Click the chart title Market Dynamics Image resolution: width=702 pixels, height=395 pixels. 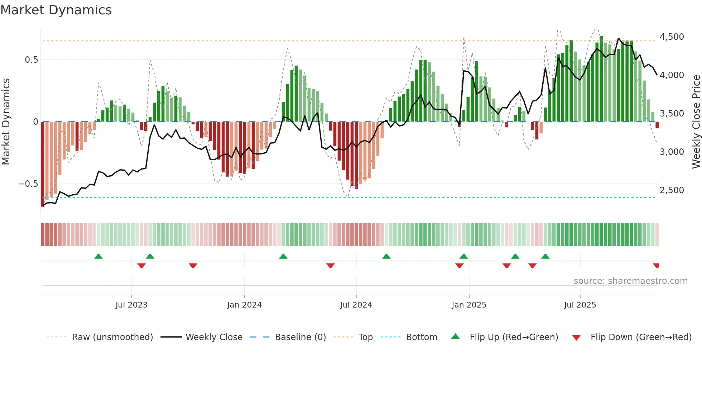point(56,10)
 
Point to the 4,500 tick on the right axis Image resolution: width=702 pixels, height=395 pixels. point(672,37)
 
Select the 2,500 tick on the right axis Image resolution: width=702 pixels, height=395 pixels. point(672,190)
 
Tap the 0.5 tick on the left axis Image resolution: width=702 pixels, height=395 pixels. point(31,60)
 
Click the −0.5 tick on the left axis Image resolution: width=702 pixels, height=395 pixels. point(28,184)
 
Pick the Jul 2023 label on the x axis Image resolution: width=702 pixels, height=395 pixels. point(131,305)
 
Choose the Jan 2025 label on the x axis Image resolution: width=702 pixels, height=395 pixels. point(469,305)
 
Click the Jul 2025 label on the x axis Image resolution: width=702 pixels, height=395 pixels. point(580,305)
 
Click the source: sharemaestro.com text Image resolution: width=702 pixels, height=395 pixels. point(630,281)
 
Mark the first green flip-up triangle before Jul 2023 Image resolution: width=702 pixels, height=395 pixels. point(98,256)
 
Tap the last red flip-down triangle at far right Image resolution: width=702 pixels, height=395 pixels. point(656,266)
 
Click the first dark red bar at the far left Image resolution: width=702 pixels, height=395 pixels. point(43,163)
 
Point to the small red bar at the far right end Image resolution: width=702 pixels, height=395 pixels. point(657,125)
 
